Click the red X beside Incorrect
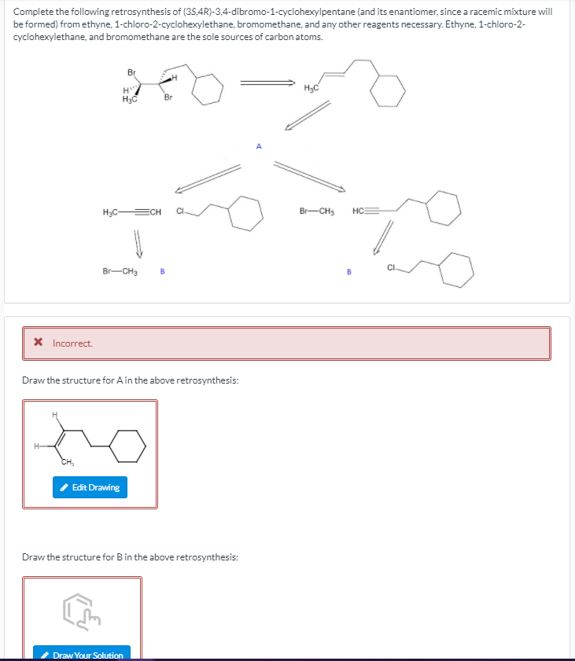click(x=37, y=343)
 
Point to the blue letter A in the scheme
click(x=258, y=145)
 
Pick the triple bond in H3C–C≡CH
click(x=137, y=211)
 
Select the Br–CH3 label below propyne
click(x=120, y=271)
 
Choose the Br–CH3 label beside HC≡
click(x=318, y=211)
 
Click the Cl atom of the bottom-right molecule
click(x=391, y=270)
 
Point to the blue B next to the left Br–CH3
click(x=162, y=272)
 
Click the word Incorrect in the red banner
click(x=72, y=343)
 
